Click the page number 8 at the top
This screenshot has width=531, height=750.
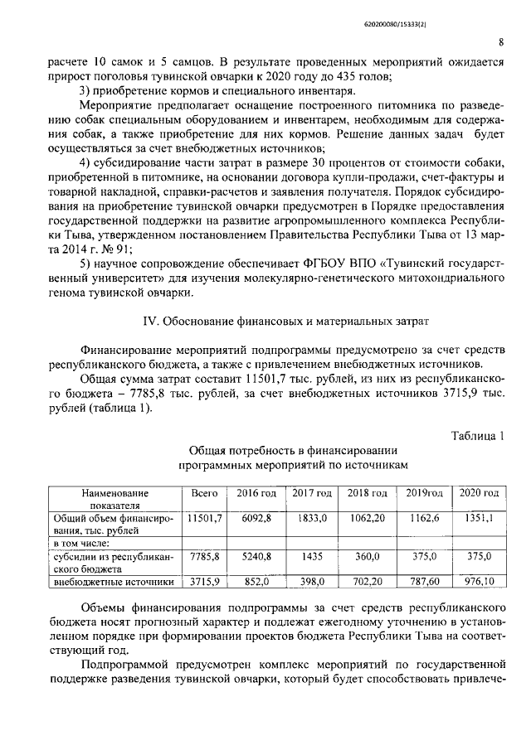click(x=502, y=43)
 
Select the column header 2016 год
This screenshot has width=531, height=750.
click(x=257, y=493)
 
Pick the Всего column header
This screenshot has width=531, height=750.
click(x=204, y=493)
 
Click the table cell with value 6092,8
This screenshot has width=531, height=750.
click(x=256, y=518)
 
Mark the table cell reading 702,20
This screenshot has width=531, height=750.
click(x=368, y=582)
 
